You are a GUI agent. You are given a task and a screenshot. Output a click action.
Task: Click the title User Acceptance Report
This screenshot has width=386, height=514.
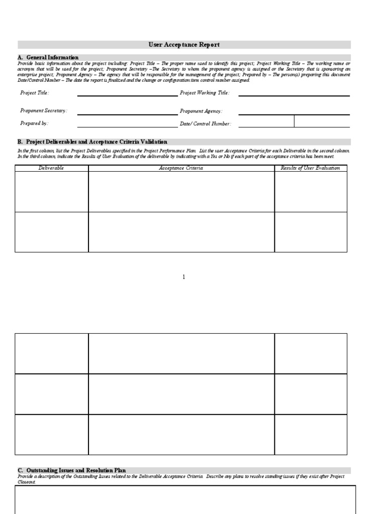pyautogui.click(x=184, y=45)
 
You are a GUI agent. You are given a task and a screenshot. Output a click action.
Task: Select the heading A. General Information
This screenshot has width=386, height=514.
pyautogui.click(x=48, y=57)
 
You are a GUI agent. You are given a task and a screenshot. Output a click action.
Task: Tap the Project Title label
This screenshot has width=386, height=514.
pyautogui.click(x=35, y=93)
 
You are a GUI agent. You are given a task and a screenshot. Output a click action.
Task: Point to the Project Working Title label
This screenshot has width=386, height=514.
pyautogui.click(x=205, y=93)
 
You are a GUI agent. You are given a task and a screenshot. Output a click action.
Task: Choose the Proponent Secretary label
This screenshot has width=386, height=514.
pyautogui.click(x=44, y=111)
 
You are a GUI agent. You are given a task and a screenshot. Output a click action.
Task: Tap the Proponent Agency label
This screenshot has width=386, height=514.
pyautogui.click(x=201, y=111)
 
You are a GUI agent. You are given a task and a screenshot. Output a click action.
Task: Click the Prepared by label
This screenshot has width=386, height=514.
pyautogui.click(x=34, y=123)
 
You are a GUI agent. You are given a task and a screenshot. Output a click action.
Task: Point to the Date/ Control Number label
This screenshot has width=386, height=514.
pyautogui.click(x=206, y=123)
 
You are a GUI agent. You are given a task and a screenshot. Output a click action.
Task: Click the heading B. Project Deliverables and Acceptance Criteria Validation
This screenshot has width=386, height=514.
pyautogui.click(x=92, y=142)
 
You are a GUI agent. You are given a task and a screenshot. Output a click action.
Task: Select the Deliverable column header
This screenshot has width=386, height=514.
pyautogui.click(x=51, y=168)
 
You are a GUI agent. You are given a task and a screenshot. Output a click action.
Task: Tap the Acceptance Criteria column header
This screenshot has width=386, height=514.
pyautogui.click(x=181, y=168)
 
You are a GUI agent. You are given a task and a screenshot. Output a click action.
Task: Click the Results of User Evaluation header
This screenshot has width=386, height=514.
pyautogui.click(x=310, y=168)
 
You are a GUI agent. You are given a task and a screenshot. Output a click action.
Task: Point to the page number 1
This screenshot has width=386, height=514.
pyautogui.click(x=184, y=277)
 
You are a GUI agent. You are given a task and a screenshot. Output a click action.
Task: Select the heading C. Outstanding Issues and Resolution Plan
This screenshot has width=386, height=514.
pyautogui.click(x=72, y=470)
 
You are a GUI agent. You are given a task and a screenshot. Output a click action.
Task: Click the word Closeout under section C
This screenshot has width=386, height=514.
pyautogui.click(x=27, y=481)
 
